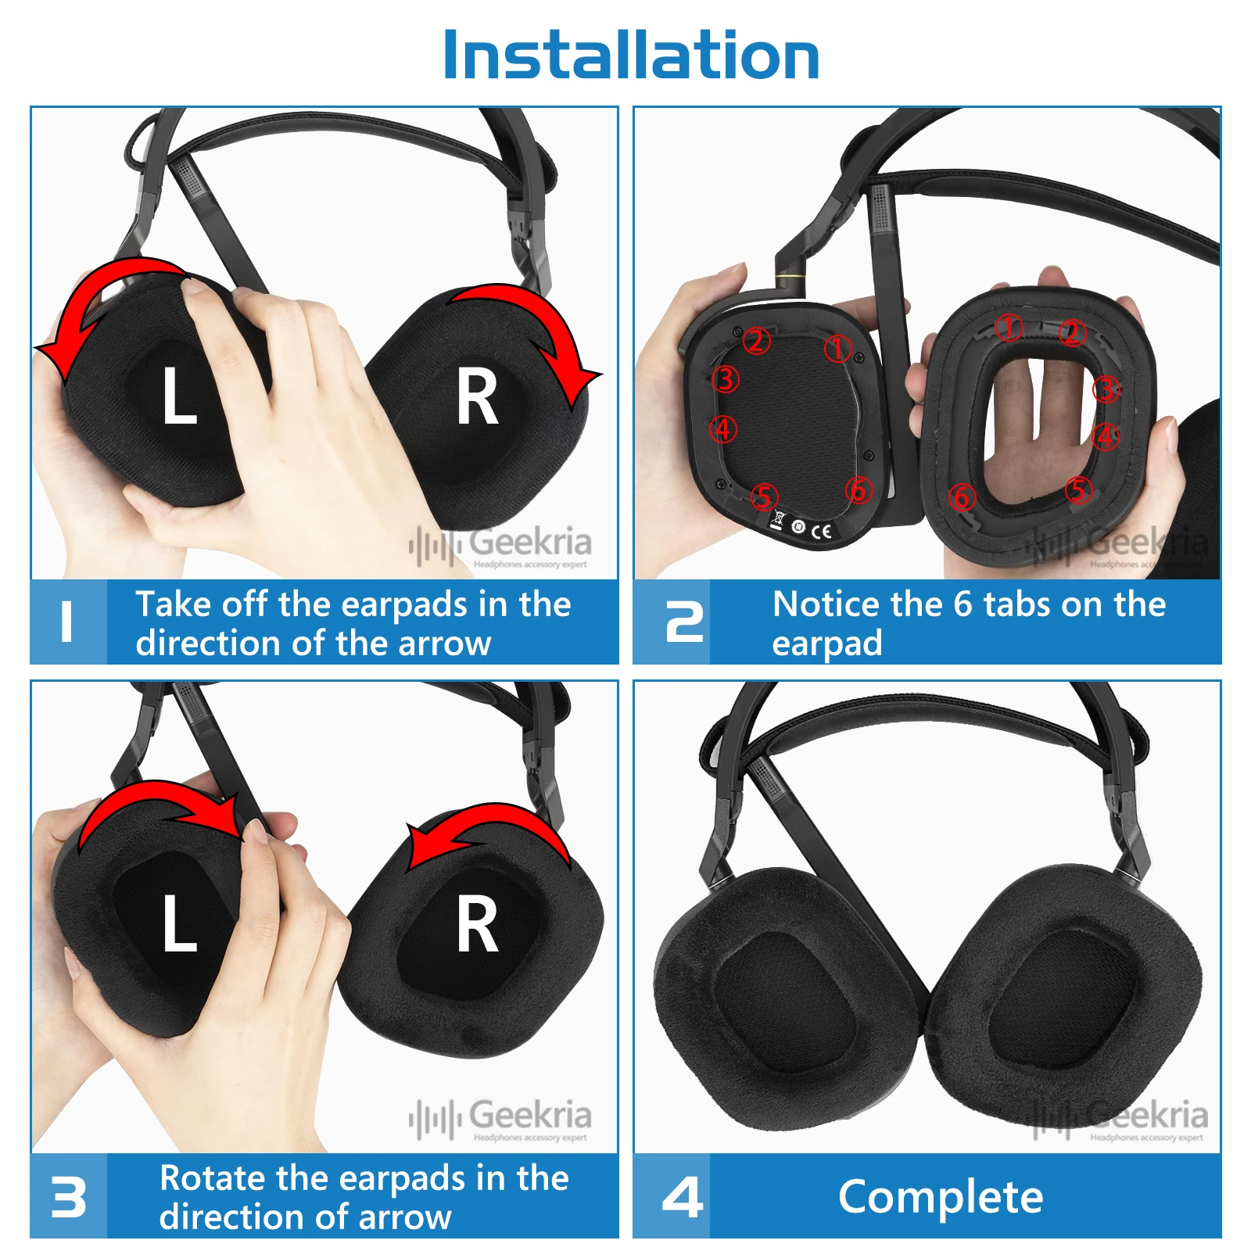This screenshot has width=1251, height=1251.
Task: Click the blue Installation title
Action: (x=630, y=55)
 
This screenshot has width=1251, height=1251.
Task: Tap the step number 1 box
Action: (x=68, y=622)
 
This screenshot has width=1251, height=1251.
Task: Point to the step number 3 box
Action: (x=68, y=1196)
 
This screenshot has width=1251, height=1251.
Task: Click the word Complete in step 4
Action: (x=940, y=1196)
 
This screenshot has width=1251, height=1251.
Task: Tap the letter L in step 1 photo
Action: (x=179, y=396)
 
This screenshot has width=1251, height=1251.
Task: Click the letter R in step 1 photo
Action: (x=477, y=398)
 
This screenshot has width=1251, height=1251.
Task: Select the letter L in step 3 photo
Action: (x=179, y=923)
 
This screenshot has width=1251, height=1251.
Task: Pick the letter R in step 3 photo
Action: (x=477, y=926)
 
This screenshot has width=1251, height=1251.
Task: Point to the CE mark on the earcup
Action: (x=821, y=532)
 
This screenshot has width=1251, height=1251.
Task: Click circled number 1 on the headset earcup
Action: (x=837, y=349)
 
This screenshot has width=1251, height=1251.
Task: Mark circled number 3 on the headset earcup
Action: (x=726, y=379)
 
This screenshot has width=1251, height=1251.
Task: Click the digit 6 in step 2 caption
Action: (x=962, y=604)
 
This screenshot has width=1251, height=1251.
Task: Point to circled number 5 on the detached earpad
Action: (x=1078, y=490)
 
